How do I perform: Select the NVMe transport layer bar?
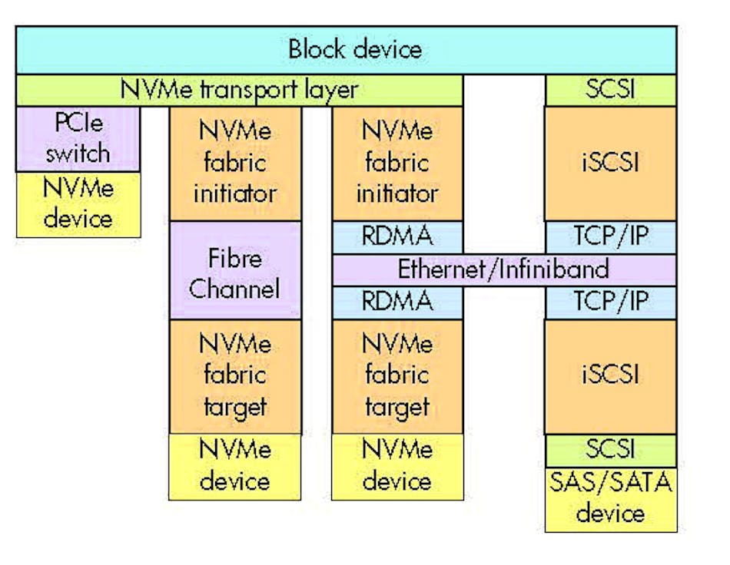[239, 91]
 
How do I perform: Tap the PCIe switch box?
[78, 139]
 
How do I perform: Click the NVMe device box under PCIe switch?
[78, 204]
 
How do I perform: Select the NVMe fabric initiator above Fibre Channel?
[234, 163]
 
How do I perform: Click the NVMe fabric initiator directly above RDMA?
[397, 163]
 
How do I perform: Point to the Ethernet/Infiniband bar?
[503, 269]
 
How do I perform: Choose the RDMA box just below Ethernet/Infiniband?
[397, 302]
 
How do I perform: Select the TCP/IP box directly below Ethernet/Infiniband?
[611, 302]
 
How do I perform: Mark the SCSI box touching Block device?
[611, 91]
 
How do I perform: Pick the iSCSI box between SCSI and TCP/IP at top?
[611, 163]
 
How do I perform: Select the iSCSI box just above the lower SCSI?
[611, 376]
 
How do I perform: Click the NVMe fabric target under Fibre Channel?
[234, 376]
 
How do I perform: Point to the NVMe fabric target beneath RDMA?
[397, 376]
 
